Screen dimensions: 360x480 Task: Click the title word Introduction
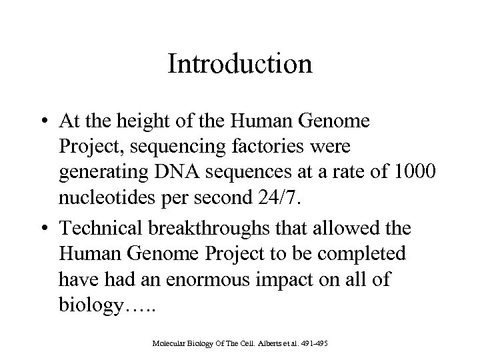click(x=240, y=65)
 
